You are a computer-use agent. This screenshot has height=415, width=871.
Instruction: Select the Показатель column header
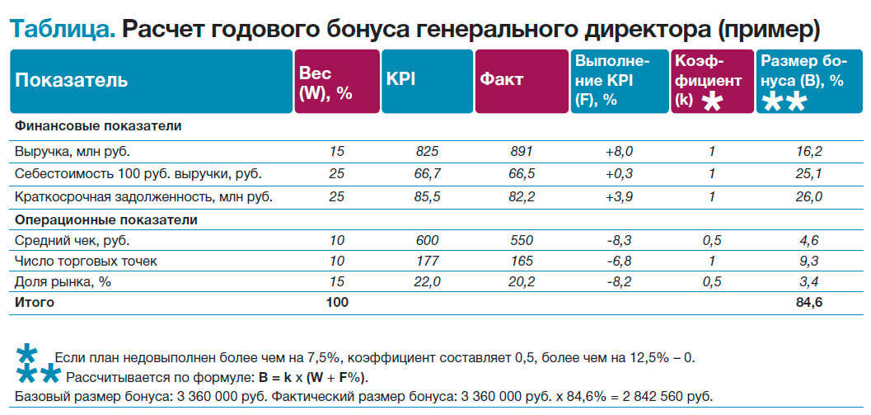pyautogui.click(x=72, y=81)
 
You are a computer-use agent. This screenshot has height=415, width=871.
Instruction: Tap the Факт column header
pyautogui.click(x=502, y=81)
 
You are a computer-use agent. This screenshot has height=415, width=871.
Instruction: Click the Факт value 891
pyautogui.click(x=521, y=151)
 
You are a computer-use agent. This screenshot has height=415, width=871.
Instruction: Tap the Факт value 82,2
pyautogui.click(x=521, y=197)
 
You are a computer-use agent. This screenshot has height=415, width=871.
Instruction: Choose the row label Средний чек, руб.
pyautogui.click(x=73, y=240)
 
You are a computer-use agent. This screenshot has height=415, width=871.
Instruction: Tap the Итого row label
pyautogui.click(x=35, y=303)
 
